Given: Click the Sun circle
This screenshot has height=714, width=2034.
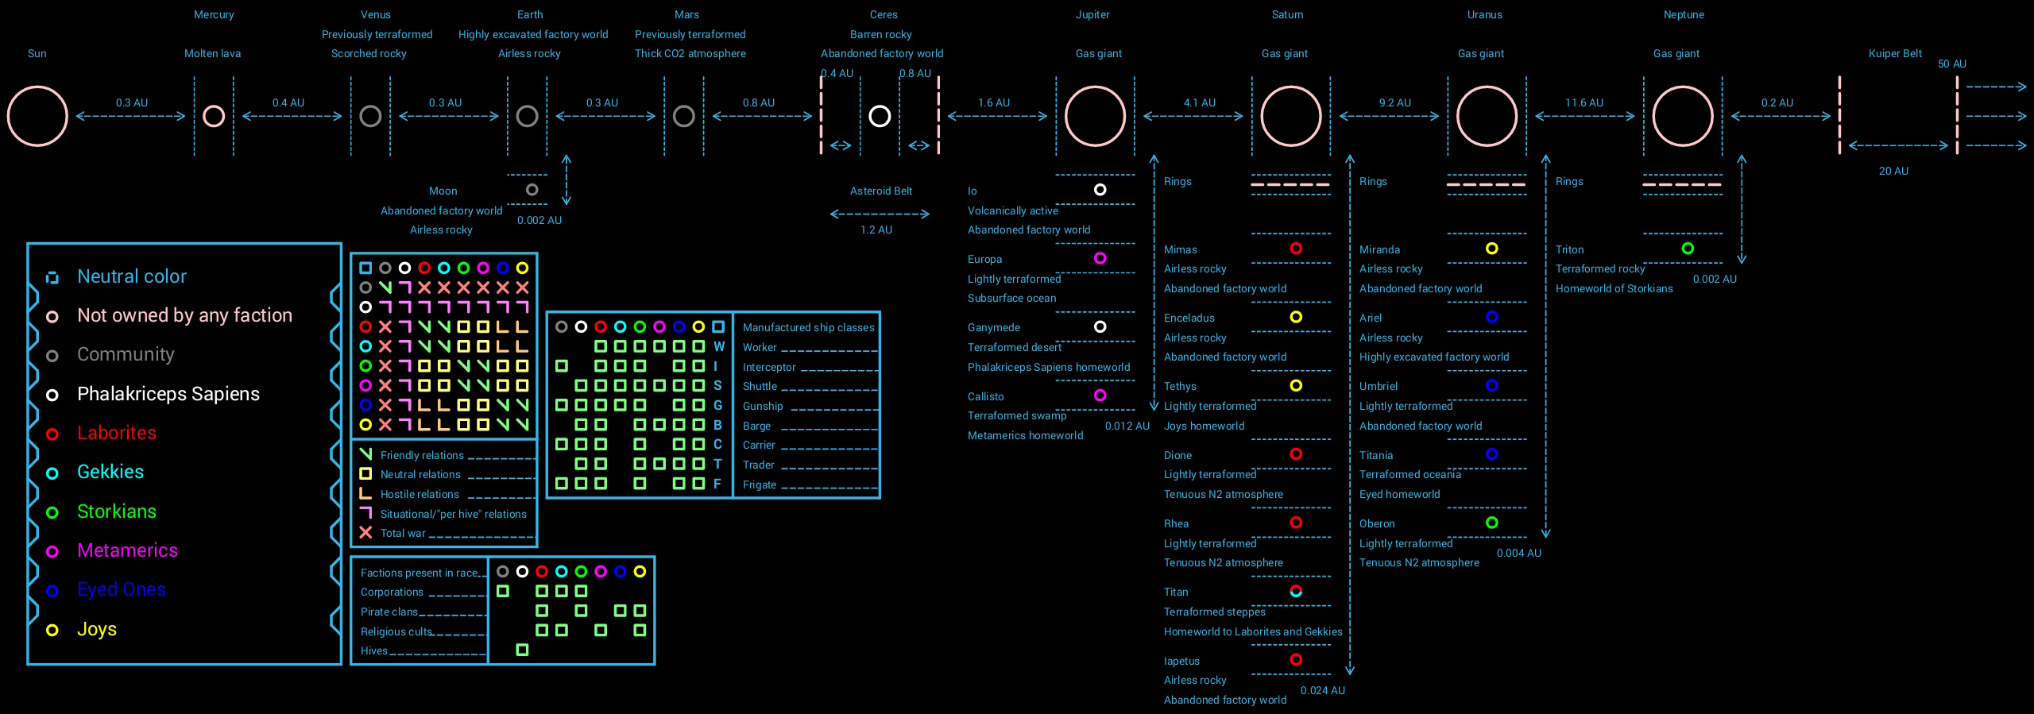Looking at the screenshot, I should [x=37, y=116].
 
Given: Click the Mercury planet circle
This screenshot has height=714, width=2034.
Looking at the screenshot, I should [x=214, y=116].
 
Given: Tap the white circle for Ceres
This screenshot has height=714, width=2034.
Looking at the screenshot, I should [x=880, y=116].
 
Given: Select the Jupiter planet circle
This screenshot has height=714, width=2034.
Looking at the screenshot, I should [x=1095, y=116].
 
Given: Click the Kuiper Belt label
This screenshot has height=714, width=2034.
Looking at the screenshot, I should [x=1895, y=54].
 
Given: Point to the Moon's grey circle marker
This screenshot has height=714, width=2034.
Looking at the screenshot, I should [x=532, y=190].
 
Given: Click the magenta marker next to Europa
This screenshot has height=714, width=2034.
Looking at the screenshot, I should [x=1100, y=258].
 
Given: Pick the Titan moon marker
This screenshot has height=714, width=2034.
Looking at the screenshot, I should [x=1296, y=591].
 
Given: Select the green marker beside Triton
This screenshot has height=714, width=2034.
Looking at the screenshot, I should [x=1688, y=249].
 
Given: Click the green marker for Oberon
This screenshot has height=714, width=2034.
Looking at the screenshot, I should [x=1492, y=523].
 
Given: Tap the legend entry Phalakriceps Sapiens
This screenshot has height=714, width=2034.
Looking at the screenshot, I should [x=168, y=394].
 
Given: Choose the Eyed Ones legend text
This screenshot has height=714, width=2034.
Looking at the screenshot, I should [x=122, y=589].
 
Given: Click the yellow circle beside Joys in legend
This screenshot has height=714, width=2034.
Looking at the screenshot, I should [x=52, y=630].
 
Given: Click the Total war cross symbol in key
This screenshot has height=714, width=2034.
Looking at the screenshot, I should [x=365, y=533].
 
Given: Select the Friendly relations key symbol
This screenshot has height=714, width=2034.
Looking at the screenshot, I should [x=365, y=454].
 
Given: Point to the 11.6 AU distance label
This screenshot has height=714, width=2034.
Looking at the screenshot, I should [x=1584, y=103].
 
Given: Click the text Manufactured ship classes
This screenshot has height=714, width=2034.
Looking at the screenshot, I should [x=808, y=327].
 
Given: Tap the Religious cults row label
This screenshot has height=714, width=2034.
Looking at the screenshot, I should [x=396, y=631].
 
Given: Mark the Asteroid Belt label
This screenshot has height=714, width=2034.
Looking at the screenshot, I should [x=881, y=191].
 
